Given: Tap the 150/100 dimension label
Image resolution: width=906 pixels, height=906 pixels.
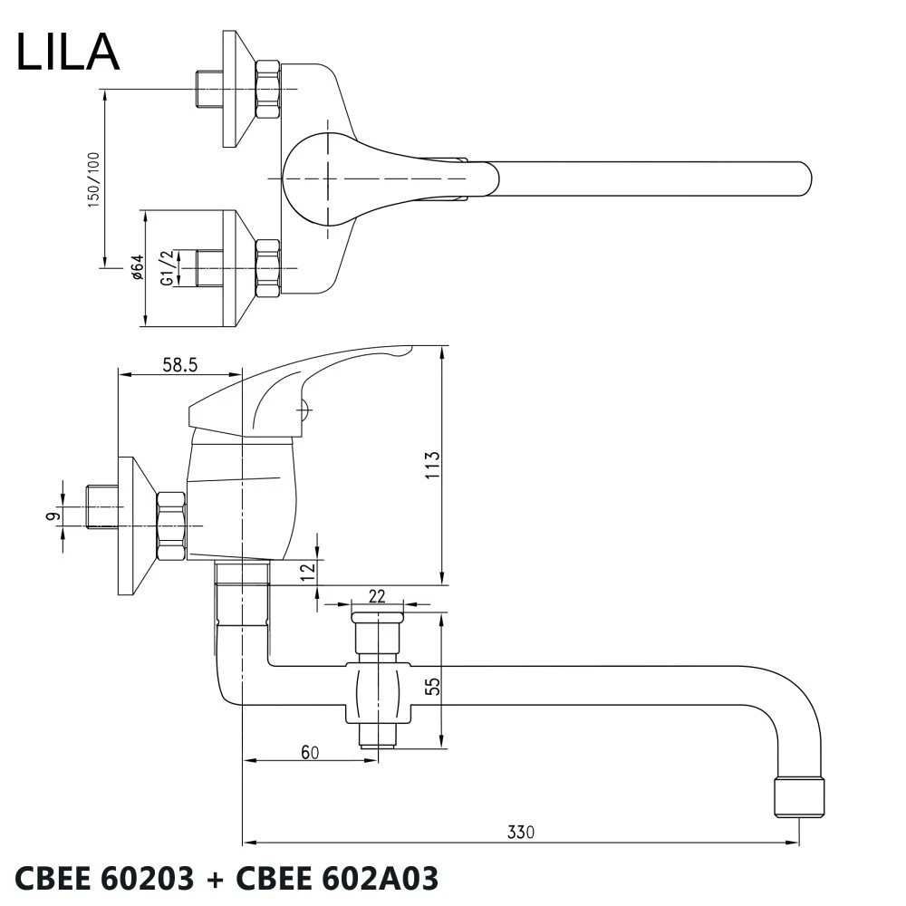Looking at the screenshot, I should coord(93,180).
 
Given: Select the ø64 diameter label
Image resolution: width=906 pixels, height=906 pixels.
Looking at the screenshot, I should coord(137,268).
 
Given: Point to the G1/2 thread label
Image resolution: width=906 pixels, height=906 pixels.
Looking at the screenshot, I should coord(167,269).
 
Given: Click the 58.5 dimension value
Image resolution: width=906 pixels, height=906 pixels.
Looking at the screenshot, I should coord(180,365).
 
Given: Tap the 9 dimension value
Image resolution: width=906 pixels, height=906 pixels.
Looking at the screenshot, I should coord(53,516).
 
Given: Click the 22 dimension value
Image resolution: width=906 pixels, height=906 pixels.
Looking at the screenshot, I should coord(378,595).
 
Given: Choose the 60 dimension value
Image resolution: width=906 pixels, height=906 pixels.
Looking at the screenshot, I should coord(311,751).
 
